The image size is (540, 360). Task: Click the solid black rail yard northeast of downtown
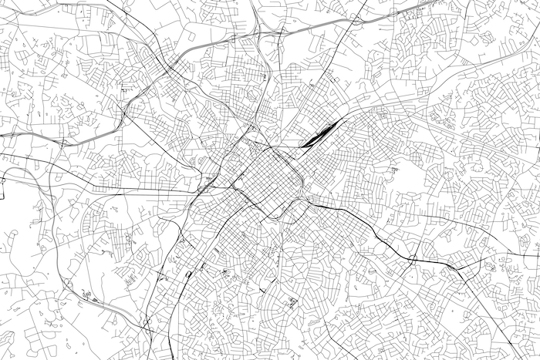pyautogui.click(x=318, y=136)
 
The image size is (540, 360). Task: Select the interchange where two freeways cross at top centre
pyautogui.click(x=262, y=34)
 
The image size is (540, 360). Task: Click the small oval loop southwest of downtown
pyautogui.click(x=188, y=272)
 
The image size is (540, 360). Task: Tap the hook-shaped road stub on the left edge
pyautogui.click(x=3, y=182)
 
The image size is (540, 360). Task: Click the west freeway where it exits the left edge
pyautogui.click(x=2, y=134)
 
